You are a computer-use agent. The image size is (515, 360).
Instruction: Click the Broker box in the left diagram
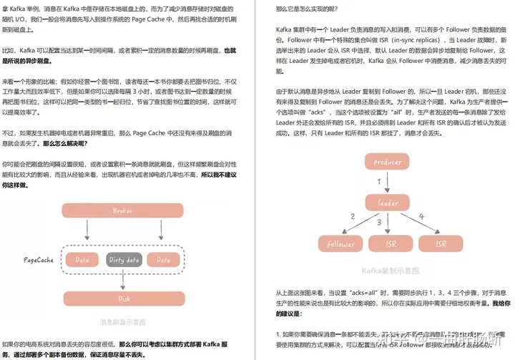(x=123, y=211)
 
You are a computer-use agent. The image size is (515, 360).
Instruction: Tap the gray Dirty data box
(x=123, y=260)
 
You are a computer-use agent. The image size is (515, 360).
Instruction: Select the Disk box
(x=123, y=299)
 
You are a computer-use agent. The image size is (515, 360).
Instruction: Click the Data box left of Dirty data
(x=82, y=260)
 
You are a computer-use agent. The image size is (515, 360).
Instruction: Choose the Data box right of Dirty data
(x=165, y=260)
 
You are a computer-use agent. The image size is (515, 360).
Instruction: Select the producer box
(x=388, y=162)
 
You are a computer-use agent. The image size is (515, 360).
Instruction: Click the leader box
(x=388, y=203)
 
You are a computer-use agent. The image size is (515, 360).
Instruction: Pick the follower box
(x=341, y=244)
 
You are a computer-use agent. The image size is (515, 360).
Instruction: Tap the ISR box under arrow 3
(x=391, y=244)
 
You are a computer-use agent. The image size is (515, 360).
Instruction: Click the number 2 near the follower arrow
(x=352, y=216)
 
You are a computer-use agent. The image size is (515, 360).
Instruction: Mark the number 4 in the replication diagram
(x=422, y=216)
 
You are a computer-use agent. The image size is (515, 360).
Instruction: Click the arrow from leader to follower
(x=361, y=223)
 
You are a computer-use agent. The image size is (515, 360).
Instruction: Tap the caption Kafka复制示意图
(x=389, y=270)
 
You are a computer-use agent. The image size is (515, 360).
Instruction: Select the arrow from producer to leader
(x=388, y=183)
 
